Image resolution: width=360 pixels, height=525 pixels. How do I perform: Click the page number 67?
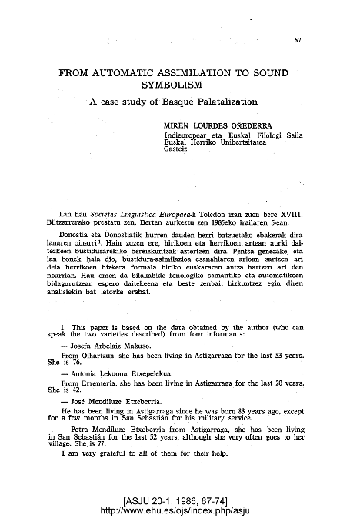coord(297,40)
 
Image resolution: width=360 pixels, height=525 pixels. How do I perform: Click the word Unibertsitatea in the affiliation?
coord(247,141)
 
